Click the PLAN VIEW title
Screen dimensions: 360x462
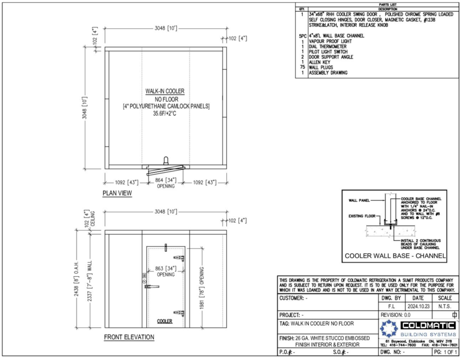[x=117, y=194]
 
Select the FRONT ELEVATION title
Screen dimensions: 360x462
[x=128, y=337]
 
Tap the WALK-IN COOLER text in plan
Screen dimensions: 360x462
[x=165, y=91]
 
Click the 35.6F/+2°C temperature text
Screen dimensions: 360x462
[x=165, y=113]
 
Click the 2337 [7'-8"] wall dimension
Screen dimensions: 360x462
[x=91, y=280]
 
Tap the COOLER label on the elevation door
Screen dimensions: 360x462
[x=164, y=321]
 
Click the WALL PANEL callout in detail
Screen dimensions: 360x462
[x=359, y=200]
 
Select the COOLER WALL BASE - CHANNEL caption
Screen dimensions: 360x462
[x=395, y=256]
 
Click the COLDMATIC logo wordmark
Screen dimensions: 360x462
[x=429, y=325]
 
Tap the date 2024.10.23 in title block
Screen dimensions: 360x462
[x=415, y=306]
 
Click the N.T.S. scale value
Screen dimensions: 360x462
[x=445, y=306]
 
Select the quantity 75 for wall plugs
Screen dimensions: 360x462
[x=302, y=67]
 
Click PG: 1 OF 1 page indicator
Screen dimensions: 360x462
[x=445, y=353]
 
